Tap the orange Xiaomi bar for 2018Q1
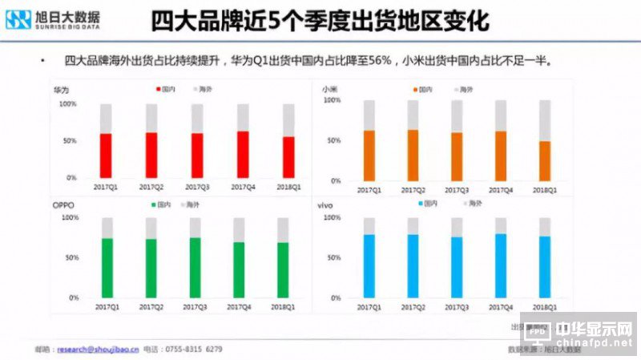(x=545, y=161)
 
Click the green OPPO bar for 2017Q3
(x=195, y=267)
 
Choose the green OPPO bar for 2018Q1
(x=283, y=269)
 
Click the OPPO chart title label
(x=64, y=205)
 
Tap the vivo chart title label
(x=326, y=205)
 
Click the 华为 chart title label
(x=62, y=90)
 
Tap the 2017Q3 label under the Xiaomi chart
(x=457, y=190)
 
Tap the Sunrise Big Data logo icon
(x=18, y=19)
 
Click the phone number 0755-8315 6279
(x=193, y=350)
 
